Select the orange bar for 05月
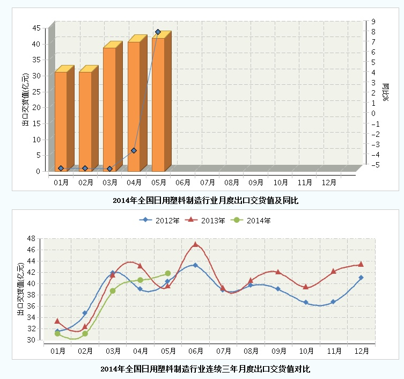click(x=158, y=105)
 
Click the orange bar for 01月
click(x=61, y=121)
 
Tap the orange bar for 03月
click(x=109, y=110)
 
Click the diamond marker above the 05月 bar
click(x=158, y=32)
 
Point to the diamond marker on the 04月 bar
click(x=134, y=151)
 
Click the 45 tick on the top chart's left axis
click(x=36, y=28)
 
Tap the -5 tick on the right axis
click(x=374, y=165)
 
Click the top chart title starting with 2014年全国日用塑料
click(x=205, y=201)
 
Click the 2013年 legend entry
click(x=204, y=220)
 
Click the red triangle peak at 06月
click(x=195, y=244)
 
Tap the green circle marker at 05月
click(x=168, y=274)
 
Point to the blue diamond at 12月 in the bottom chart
click(x=361, y=278)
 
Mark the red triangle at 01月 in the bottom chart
click(x=57, y=321)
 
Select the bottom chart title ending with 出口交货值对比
click(x=205, y=369)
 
